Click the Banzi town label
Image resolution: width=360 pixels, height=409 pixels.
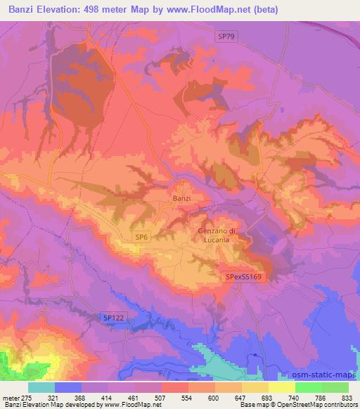(x=181, y=199)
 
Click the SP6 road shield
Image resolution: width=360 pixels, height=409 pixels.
(x=142, y=239)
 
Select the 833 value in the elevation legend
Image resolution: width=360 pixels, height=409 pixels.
(x=347, y=397)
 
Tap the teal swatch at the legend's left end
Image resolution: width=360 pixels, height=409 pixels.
(x=41, y=387)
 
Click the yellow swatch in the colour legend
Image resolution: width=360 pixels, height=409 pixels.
(x=282, y=387)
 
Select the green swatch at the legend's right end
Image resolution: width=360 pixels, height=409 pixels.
(x=335, y=387)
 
